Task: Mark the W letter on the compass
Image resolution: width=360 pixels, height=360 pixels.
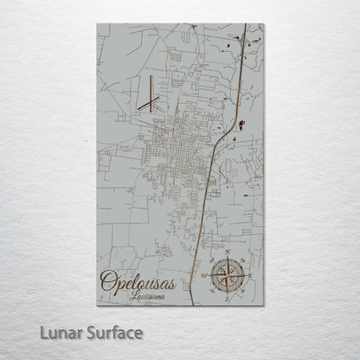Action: pos(209,276)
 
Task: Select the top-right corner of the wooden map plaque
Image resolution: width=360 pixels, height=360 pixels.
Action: pos(264,24)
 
